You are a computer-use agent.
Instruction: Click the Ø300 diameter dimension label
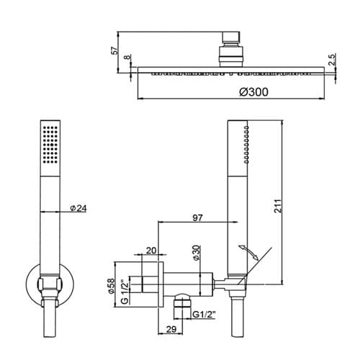[x=254, y=92]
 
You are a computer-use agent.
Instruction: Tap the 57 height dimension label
[x=115, y=50]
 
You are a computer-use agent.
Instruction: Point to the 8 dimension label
[x=127, y=57]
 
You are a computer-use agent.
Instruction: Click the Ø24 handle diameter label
[x=78, y=208]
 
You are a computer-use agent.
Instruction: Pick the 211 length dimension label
[x=278, y=206]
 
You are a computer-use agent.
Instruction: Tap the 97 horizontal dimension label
[x=197, y=217]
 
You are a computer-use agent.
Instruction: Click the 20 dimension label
[x=151, y=251]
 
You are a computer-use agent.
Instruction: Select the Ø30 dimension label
[x=196, y=253]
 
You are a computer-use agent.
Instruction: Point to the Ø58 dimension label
[x=111, y=286]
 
